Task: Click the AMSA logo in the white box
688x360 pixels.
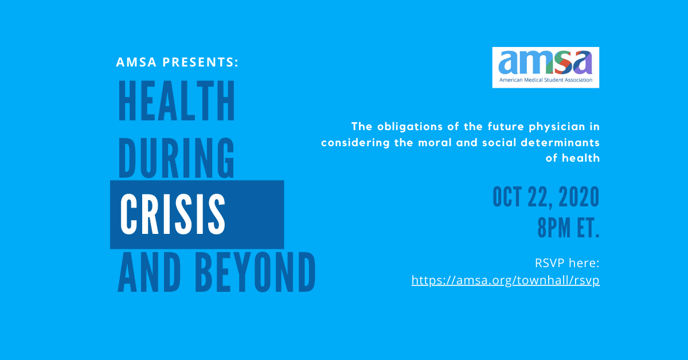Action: point(545,67)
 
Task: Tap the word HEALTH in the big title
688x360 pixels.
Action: point(177,101)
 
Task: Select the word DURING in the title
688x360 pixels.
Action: point(177,158)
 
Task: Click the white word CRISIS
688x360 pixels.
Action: point(173,214)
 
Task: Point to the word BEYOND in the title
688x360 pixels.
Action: point(256,272)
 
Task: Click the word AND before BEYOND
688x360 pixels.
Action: point(150,272)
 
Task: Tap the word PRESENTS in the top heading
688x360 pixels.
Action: point(200,62)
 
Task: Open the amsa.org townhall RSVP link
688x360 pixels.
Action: point(506,280)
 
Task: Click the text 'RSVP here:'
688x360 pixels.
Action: point(567,263)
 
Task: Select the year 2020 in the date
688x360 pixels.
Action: point(579,197)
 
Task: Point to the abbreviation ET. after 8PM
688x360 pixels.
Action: point(588,228)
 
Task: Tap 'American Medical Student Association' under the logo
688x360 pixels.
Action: point(546,80)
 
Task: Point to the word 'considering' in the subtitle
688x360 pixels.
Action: point(355,143)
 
